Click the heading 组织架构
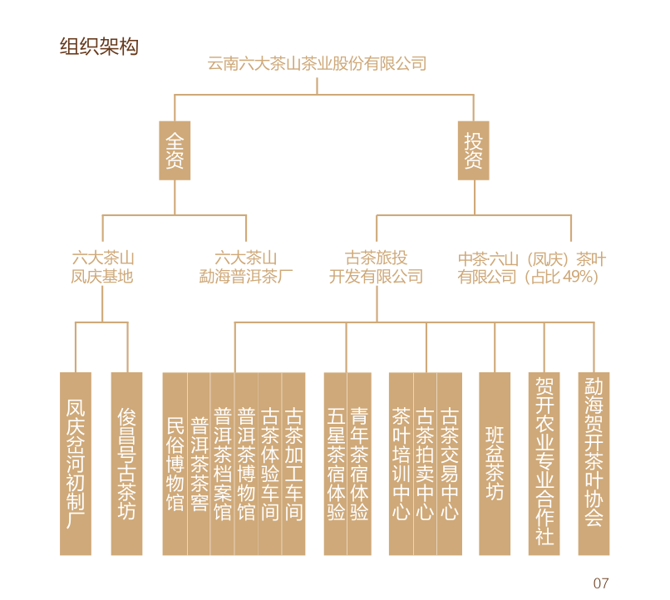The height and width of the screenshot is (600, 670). click(99, 47)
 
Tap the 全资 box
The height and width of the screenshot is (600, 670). click(175, 150)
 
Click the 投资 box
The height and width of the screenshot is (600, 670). click(473, 150)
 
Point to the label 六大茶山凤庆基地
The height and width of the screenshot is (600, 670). click(102, 268)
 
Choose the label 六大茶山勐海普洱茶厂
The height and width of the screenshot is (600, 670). click(246, 268)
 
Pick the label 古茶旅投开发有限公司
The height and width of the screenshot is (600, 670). click(377, 268)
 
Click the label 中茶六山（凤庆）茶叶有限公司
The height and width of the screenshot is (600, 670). click(532, 268)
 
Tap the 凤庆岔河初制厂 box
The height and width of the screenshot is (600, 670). click(76, 464)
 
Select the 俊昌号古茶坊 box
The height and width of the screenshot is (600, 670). click(127, 464)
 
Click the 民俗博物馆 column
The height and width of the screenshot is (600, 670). click(175, 464)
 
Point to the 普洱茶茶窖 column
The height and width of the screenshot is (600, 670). click(199, 464)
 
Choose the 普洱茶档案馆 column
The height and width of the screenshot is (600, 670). click(222, 464)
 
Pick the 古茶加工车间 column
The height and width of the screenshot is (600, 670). click(293, 464)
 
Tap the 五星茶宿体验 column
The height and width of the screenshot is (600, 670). click(335, 464)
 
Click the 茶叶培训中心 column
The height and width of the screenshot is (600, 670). click(401, 464)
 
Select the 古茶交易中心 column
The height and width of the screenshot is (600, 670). click(449, 464)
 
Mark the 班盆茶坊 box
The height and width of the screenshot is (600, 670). click(495, 464)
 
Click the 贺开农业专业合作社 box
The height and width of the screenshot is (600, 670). click(544, 464)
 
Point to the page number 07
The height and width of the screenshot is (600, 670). click(600, 583)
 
